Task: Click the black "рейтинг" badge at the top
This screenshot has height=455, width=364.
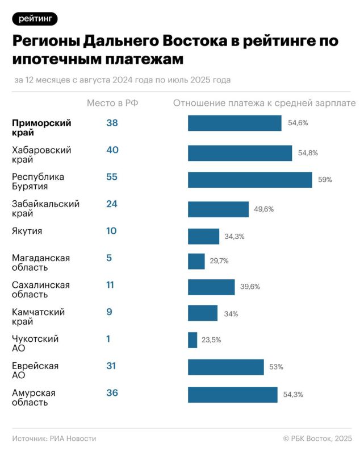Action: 35,18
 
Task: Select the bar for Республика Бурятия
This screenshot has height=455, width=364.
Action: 250,180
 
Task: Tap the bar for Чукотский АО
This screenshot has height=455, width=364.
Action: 193,340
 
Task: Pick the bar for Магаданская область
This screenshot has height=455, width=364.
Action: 196,262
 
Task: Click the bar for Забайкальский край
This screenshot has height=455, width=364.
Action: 218,209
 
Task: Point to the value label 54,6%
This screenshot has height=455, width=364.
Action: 298,123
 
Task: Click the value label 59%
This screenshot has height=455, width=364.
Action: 325,180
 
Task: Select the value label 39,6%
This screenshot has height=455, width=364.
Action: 250,287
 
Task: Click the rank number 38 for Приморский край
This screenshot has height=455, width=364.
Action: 112,123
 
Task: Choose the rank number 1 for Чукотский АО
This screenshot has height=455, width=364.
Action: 108,339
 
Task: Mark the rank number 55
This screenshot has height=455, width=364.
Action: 111,177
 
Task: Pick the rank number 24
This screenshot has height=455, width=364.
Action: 111,204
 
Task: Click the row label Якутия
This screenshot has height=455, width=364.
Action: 27,231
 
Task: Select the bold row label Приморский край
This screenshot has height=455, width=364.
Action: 41,128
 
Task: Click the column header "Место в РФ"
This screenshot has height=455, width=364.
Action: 112,103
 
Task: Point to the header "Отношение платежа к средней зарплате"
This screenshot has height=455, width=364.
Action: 264,103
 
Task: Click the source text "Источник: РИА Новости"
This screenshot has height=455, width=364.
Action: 54,439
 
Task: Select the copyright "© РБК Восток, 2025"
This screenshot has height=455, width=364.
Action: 317,439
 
